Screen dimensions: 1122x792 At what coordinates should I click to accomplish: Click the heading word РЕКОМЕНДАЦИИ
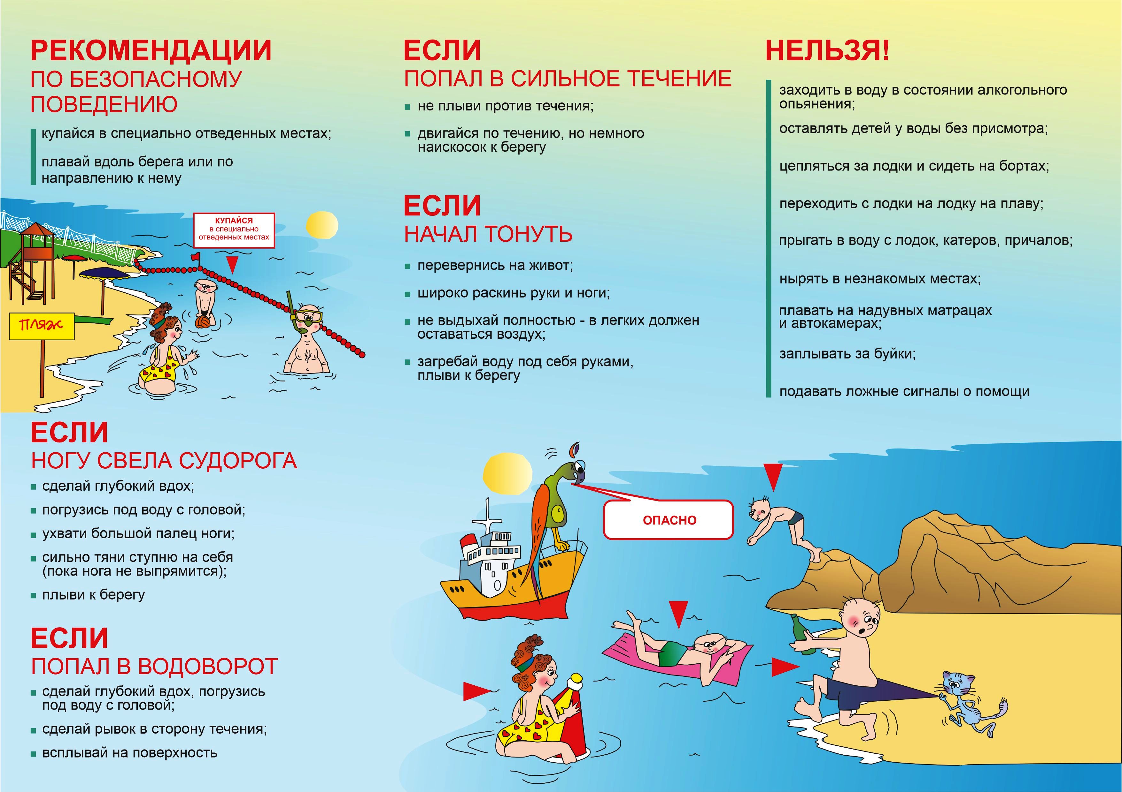(x=151, y=50)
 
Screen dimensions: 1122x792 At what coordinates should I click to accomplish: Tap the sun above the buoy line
(x=322, y=226)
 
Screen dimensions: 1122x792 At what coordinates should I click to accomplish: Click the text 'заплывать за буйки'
(x=847, y=353)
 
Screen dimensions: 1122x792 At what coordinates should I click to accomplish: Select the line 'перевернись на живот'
(x=495, y=266)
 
